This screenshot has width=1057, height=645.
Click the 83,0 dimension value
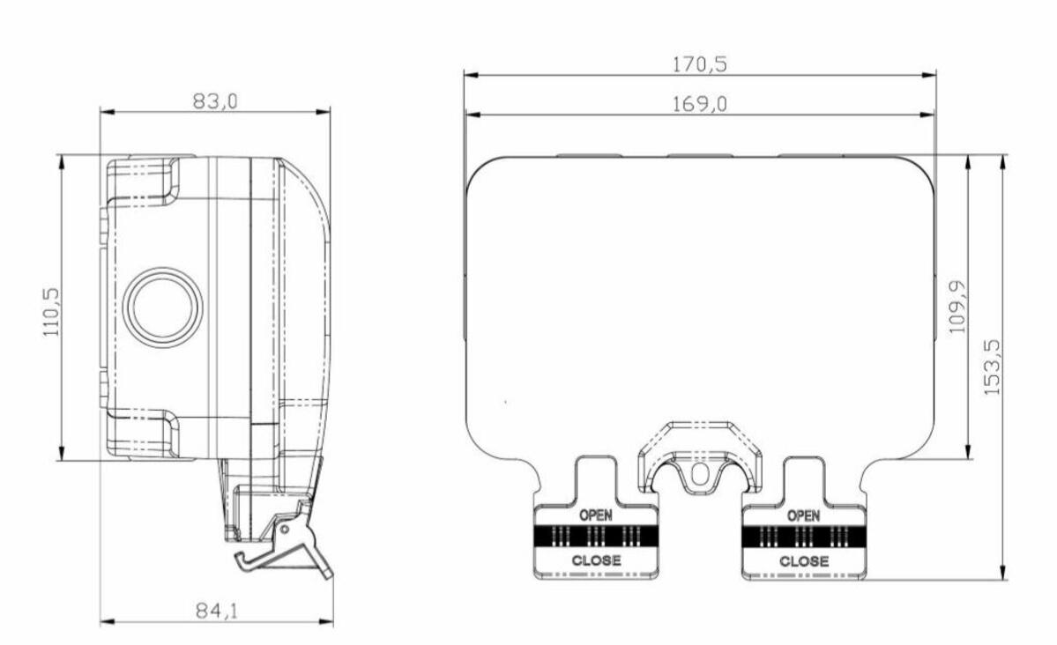(216, 101)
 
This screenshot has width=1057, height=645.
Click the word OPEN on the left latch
(596, 515)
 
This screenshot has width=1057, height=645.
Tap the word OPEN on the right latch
(803, 515)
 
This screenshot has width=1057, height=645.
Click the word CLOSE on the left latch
(596, 560)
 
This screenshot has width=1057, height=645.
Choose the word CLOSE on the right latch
(803, 560)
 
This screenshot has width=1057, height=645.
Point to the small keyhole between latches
(699, 473)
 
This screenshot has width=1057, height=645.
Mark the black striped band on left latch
(596, 536)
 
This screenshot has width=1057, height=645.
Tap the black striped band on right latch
(803, 536)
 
